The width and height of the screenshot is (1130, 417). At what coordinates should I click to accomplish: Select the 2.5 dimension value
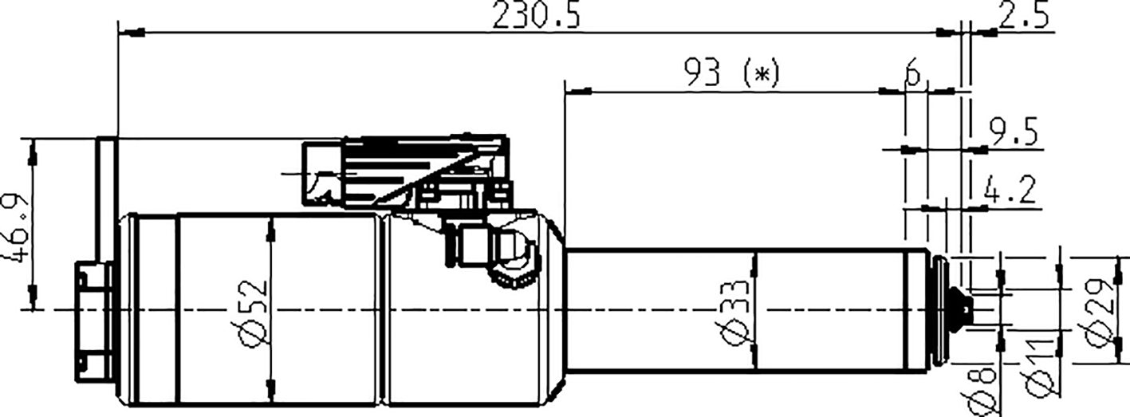click(x=1023, y=16)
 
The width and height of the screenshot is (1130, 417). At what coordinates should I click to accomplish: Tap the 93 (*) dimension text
click(x=730, y=74)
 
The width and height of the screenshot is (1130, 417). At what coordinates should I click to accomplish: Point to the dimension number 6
click(x=914, y=75)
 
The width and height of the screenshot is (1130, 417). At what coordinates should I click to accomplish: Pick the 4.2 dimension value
click(x=1011, y=191)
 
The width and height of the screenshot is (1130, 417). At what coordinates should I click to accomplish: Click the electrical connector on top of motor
click(x=407, y=171)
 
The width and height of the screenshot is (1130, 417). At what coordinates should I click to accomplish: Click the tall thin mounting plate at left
click(x=106, y=199)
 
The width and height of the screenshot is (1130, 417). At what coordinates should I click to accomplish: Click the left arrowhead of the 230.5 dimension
click(x=136, y=33)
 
